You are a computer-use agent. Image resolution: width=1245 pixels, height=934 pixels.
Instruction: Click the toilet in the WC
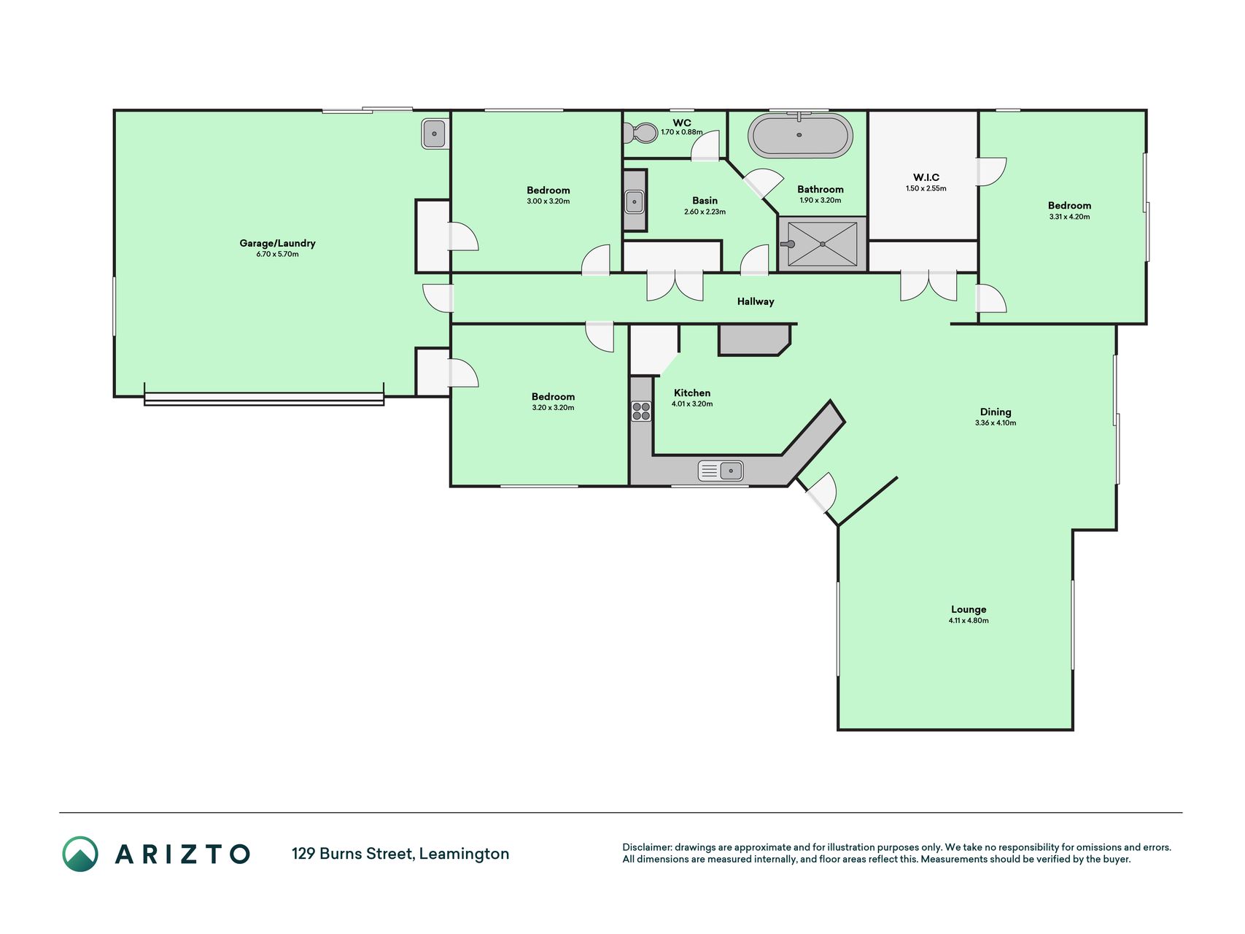pos(641,133)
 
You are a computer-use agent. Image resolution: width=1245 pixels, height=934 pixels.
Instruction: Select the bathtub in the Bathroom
pos(800,136)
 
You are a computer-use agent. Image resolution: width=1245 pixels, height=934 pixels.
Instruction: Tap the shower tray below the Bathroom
pos(823,244)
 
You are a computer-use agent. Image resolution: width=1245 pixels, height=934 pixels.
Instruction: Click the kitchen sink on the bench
pos(721,471)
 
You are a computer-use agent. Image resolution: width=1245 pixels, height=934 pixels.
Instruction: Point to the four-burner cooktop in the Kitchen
pos(641,412)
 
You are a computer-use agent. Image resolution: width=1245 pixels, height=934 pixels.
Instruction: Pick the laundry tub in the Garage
pos(434,134)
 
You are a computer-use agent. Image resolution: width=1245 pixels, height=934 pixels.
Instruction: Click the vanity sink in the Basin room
pos(635,201)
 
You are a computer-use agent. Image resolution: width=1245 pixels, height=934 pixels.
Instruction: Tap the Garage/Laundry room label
pos(277,243)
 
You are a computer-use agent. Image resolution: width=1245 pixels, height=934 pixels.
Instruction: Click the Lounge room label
pos(969,609)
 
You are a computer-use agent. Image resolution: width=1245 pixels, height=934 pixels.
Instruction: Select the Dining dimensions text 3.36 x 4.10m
pos(996,423)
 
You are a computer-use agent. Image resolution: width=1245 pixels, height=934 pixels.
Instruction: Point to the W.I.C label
pos(926,177)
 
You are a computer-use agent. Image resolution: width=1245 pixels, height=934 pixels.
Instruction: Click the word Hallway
pos(756,301)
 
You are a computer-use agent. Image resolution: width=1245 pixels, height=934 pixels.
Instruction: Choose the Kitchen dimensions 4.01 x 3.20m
pos(692,404)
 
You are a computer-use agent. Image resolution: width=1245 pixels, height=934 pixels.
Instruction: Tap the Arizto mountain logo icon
pos(80,854)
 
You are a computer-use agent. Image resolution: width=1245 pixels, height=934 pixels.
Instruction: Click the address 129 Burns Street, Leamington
pos(400,854)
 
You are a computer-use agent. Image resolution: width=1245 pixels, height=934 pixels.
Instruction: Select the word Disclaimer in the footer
pos(647,847)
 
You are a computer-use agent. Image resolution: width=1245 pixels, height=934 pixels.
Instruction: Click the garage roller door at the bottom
pos(264,398)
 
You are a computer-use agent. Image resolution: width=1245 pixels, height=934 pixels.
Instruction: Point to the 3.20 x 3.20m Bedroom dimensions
pos(553,408)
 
